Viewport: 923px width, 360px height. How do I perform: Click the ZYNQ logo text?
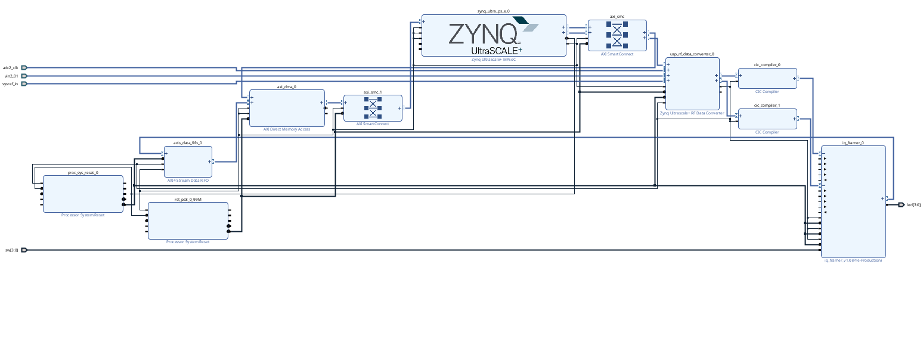(483, 34)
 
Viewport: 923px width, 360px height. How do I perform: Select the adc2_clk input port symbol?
(24, 68)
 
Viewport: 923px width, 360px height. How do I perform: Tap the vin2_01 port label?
(11, 76)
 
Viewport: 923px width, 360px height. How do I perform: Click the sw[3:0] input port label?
(12, 250)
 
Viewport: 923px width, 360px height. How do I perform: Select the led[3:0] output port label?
(913, 205)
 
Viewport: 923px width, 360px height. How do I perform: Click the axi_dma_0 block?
(287, 108)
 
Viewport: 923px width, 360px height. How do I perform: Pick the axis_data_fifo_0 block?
(187, 162)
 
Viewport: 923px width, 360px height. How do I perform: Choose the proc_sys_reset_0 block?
(82, 193)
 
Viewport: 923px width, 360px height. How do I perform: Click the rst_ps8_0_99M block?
(188, 221)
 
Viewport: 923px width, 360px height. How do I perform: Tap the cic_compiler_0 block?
(767, 78)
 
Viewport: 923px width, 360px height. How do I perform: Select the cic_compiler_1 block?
(767, 119)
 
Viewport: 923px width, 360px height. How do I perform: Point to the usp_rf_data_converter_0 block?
(692, 83)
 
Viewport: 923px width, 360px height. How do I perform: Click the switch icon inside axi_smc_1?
(373, 108)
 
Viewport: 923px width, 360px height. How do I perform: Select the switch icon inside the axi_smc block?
(617, 36)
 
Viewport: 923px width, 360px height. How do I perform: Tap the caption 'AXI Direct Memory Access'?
(287, 129)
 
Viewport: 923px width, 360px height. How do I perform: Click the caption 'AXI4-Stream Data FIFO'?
(188, 180)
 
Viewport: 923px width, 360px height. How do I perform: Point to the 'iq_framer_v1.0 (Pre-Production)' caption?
(853, 260)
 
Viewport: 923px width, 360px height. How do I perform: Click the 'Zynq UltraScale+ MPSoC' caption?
(494, 60)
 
